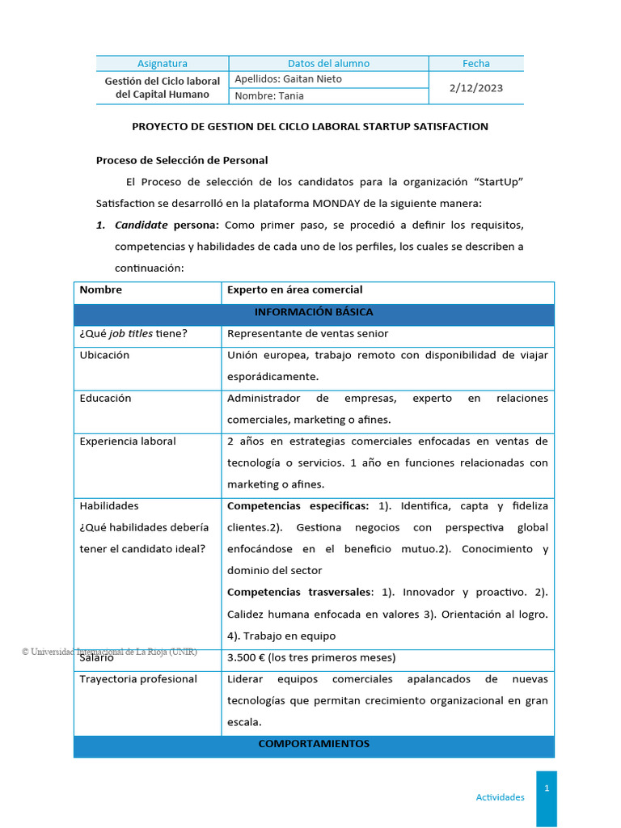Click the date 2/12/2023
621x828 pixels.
point(475,87)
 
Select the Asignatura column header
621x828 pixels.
point(162,63)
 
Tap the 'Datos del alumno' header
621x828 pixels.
point(328,63)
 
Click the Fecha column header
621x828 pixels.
point(475,63)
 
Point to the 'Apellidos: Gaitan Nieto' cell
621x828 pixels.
point(288,79)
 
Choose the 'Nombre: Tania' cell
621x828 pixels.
point(269,96)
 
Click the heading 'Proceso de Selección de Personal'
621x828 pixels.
point(182,160)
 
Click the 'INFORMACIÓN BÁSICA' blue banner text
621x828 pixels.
point(314,312)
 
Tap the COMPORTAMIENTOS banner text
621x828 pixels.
point(314,743)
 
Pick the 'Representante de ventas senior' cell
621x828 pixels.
point(307,333)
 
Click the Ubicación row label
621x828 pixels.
point(104,355)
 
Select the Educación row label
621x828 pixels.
point(105,398)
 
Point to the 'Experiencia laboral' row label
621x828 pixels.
point(128,441)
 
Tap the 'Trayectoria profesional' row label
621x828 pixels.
point(138,678)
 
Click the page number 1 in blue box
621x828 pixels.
point(547,788)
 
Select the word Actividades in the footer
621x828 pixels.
point(500,797)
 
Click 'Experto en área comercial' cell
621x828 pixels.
point(294,289)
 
